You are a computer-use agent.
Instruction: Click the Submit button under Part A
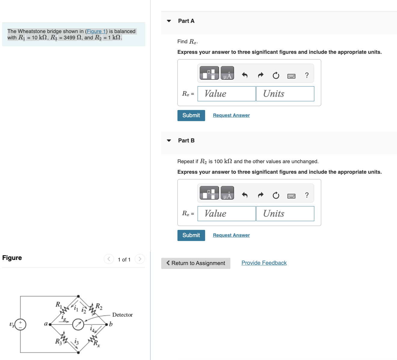tap(191, 115)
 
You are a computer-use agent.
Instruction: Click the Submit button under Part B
tap(191, 235)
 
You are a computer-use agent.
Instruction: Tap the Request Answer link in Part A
tap(231, 115)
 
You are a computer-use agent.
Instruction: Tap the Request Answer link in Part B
tap(231, 235)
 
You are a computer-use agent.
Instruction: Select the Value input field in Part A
tap(226, 94)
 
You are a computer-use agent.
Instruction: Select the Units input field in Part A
tap(285, 94)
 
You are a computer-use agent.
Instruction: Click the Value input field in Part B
tap(226, 214)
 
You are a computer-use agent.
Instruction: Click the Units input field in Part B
tap(285, 214)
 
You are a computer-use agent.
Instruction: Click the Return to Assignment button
tap(195, 263)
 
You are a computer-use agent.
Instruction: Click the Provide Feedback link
tap(264, 263)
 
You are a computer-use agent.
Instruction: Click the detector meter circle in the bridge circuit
tap(78, 324)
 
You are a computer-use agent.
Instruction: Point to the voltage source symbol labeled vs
tap(20, 325)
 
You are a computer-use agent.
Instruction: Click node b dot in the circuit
tap(106, 324)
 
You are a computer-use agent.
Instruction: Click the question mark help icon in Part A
tap(306, 75)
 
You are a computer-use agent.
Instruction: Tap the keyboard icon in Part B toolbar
tap(291, 196)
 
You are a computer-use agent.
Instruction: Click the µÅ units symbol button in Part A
tap(227, 73)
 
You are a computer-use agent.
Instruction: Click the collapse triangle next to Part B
tap(169, 141)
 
